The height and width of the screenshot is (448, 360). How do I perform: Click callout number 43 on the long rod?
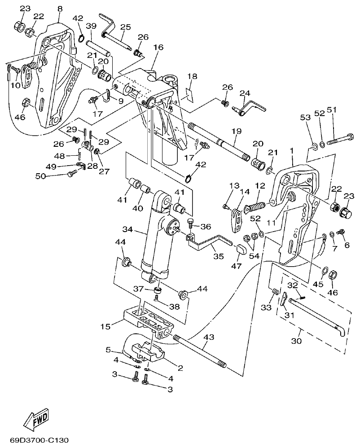click(x=208, y=336)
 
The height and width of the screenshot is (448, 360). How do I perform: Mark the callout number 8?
click(x=60, y=9)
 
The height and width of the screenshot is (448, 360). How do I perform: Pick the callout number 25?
click(x=125, y=27)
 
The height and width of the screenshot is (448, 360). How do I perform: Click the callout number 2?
click(x=180, y=368)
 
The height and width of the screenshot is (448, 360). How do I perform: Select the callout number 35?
click(x=218, y=257)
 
